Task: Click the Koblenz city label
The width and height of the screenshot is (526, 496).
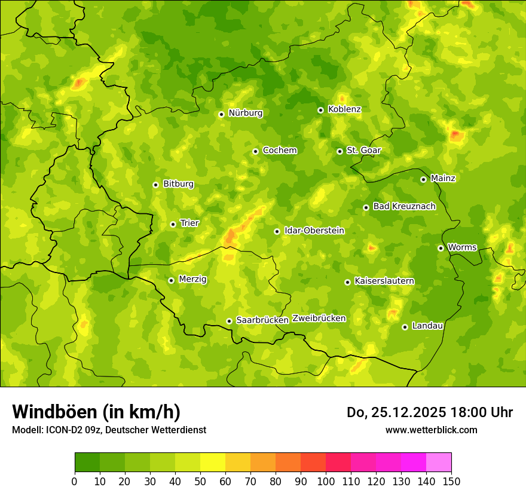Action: coord(344,109)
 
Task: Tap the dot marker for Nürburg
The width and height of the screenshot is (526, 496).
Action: coord(221,114)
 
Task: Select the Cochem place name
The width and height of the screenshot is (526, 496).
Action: coord(280,151)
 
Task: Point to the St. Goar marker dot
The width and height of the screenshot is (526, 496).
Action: coord(340,151)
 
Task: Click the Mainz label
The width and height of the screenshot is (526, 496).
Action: coord(443,179)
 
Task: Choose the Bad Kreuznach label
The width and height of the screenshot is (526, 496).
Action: coord(404,207)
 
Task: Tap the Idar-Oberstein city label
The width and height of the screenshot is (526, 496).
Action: coord(314,231)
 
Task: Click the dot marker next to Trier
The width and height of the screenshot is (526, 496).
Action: coord(173,224)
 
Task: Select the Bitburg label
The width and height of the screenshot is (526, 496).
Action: coord(178,184)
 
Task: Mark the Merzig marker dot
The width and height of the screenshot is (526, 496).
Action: coord(171,280)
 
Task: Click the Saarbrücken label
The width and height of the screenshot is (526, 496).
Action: coord(262,320)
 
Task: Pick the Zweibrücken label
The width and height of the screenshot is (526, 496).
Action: coord(319,319)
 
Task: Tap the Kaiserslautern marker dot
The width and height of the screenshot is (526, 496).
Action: coord(347,282)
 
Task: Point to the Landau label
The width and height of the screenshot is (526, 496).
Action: coord(427,326)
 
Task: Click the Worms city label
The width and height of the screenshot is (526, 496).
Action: coord(462,247)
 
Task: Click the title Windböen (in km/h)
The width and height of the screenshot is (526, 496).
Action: coord(96,412)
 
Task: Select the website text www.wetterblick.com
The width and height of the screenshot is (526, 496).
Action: coord(431,430)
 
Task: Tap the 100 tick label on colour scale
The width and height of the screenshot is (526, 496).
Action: coord(326,481)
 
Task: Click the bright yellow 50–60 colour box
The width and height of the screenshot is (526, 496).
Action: coord(213,463)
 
